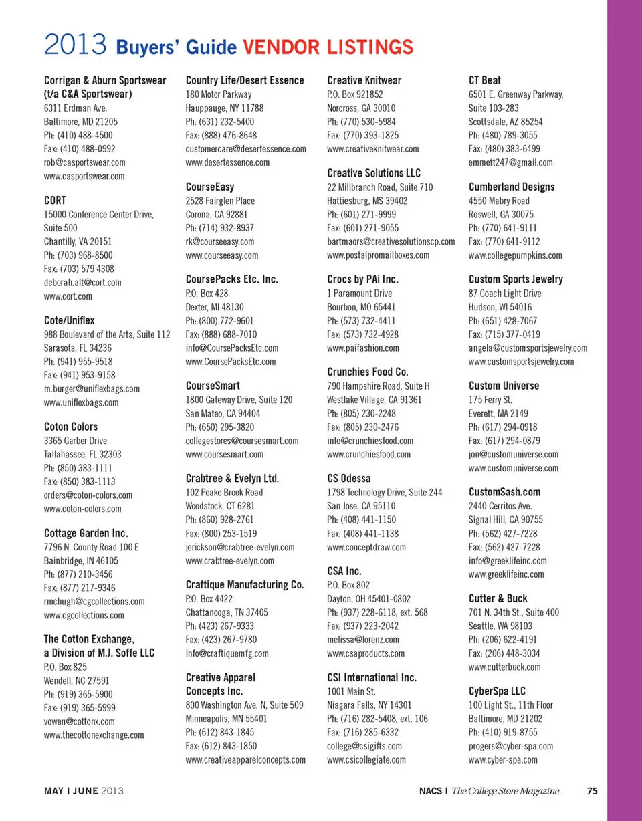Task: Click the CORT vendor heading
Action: pyautogui.click(x=55, y=200)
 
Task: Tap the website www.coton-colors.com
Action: pyautogui.click(x=82, y=509)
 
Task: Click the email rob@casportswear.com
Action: pyautogui.click(x=84, y=162)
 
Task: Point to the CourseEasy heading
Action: pyautogui.click(x=210, y=187)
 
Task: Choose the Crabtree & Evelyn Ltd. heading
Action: pyautogui.click(x=232, y=478)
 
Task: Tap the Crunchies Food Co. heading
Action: pyautogui.click(x=368, y=372)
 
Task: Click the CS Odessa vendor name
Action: pyautogui.click(x=349, y=478)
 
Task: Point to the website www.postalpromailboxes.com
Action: pyautogui.click(x=379, y=255)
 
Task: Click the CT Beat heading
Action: pyautogui.click(x=485, y=80)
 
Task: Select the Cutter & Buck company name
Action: pyautogui.click(x=498, y=598)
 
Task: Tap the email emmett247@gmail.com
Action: pyautogui.click(x=511, y=162)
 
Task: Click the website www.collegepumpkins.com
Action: pyautogui.click(x=516, y=255)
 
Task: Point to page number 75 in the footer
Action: pyautogui.click(x=592, y=791)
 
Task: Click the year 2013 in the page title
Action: pyautogui.click(x=76, y=47)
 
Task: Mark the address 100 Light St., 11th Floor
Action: pyautogui.click(x=510, y=705)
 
